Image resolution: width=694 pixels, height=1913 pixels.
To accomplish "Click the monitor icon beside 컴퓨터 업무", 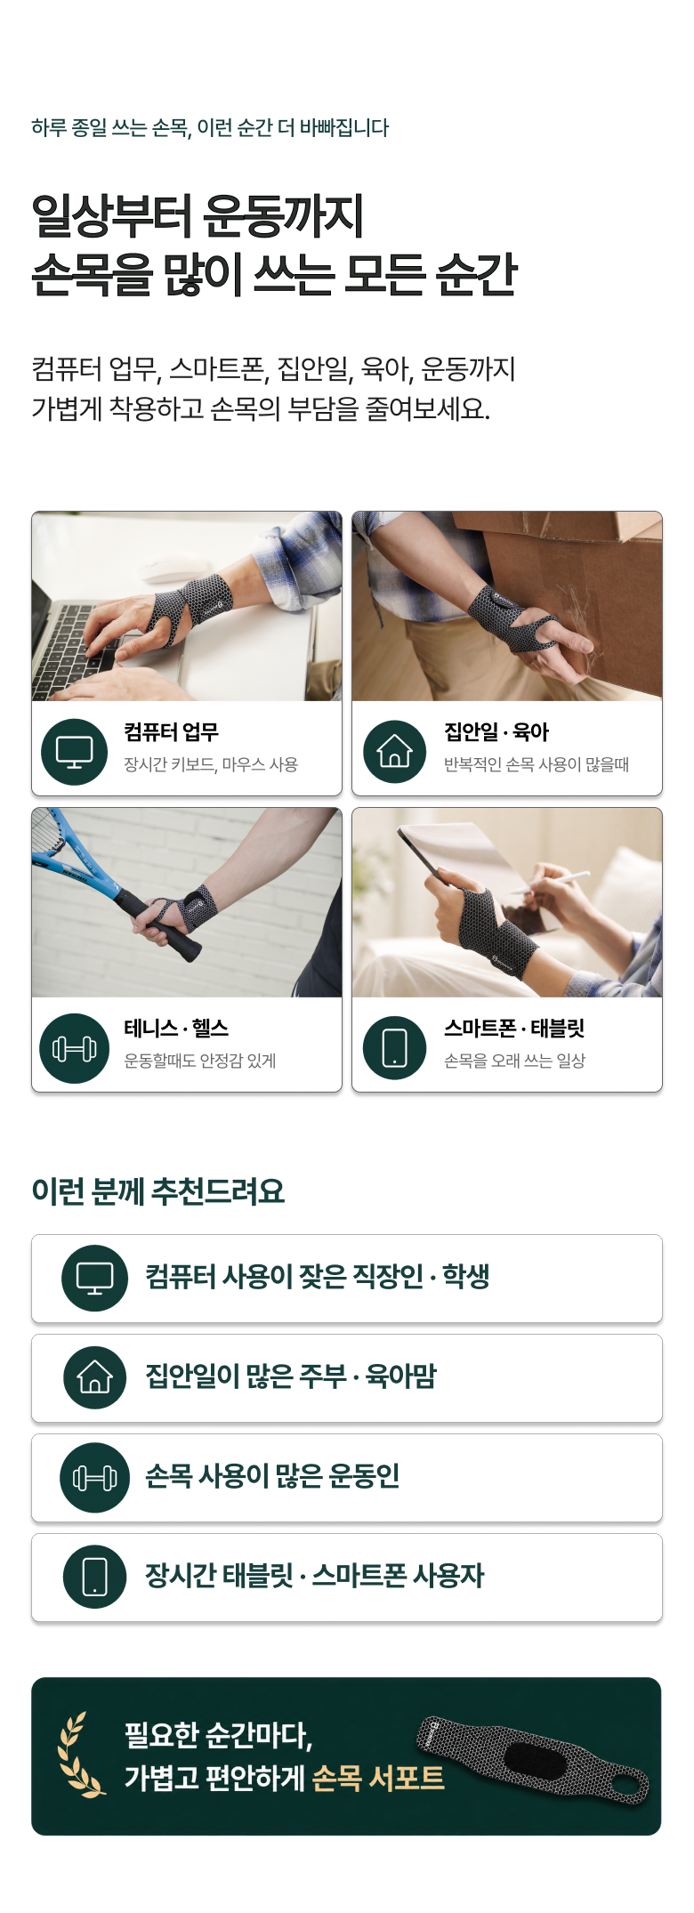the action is pyautogui.click(x=75, y=752).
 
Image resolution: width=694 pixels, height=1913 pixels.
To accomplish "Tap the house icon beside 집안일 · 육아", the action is pyautogui.click(x=395, y=752).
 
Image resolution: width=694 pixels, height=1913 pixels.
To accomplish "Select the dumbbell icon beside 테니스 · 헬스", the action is pyautogui.click(x=75, y=1049).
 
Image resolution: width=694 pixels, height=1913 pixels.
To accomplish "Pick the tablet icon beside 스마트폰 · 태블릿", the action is pyautogui.click(x=395, y=1048).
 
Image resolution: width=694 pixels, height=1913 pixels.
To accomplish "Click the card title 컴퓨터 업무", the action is pyautogui.click(x=172, y=732).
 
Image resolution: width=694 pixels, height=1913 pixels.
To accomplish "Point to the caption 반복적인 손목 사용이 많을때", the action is pyautogui.click(x=537, y=764).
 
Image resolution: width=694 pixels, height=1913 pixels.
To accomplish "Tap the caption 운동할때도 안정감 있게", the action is pyautogui.click(x=200, y=1061).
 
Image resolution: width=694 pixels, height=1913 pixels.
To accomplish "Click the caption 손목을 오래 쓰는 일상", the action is pyautogui.click(x=514, y=1061).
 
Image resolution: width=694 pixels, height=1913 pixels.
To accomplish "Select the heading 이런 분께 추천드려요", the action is pyautogui.click(x=158, y=1191).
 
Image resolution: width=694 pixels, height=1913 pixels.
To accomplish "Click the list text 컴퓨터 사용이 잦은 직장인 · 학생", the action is pyautogui.click(x=318, y=1277).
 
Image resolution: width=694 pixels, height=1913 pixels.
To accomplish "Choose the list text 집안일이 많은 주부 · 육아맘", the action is pyautogui.click(x=291, y=1376).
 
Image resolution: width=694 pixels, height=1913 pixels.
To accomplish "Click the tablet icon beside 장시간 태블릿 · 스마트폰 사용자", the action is pyautogui.click(x=95, y=1577).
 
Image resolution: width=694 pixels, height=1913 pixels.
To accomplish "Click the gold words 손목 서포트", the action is pyautogui.click(x=378, y=1778).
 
